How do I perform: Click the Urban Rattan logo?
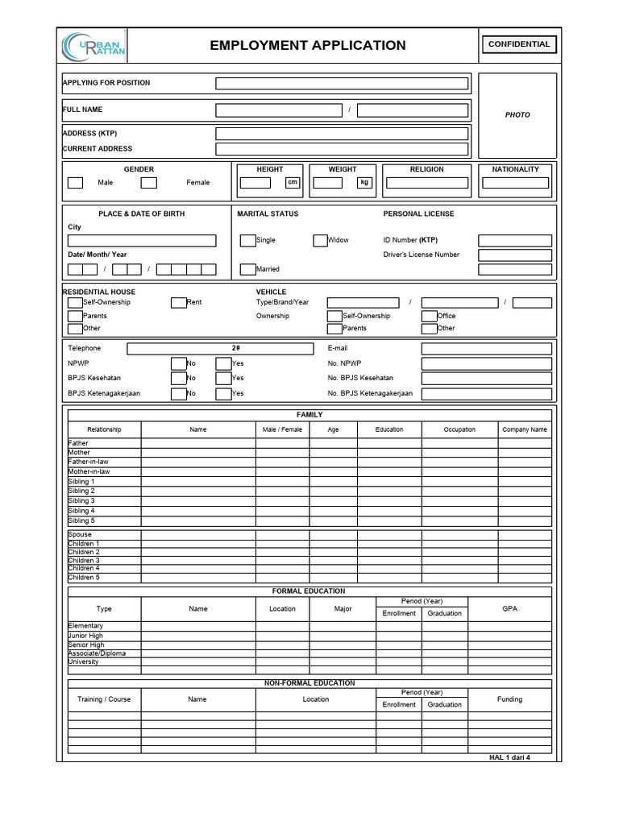coord(93,46)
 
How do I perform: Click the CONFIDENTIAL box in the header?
coord(519,45)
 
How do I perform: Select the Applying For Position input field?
coord(342,84)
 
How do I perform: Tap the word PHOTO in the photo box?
coord(517,115)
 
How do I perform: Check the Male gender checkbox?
coord(75,183)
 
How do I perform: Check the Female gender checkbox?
coord(148,183)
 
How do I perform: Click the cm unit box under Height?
coord(293,183)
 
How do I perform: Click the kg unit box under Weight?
coord(364,183)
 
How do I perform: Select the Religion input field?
coord(426,183)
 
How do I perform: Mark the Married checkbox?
coord(247,269)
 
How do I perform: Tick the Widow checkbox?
coord(320,240)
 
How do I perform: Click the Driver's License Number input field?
coord(515,255)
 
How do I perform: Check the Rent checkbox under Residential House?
coord(178,303)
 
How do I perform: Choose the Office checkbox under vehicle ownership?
coord(429,316)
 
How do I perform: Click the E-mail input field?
coord(486,349)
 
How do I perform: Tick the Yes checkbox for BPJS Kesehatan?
coord(223,378)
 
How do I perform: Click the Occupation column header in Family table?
coord(459,430)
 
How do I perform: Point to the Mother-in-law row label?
coord(89,472)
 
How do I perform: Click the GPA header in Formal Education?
coord(509,609)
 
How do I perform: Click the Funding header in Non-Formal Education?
coord(509,699)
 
